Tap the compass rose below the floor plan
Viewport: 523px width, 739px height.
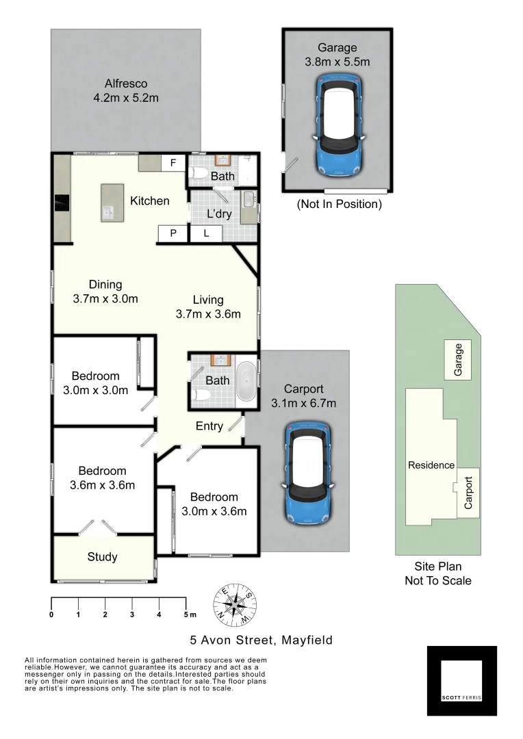pyautogui.click(x=235, y=604)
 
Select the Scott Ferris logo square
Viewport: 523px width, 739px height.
pyautogui.click(x=462, y=680)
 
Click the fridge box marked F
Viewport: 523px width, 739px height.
pyautogui.click(x=173, y=164)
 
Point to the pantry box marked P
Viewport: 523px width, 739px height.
pyautogui.click(x=173, y=234)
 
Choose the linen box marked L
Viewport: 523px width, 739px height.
pyautogui.click(x=205, y=234)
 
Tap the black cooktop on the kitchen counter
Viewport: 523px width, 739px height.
pyautogui.click(x=62, y=204)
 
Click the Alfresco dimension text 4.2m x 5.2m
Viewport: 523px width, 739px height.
pyautogui.click(x=126, y=98)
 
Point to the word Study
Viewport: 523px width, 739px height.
pyautogui.click(x=102, y=557)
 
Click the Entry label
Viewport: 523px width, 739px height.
pyautogui.click(x=209, y=426)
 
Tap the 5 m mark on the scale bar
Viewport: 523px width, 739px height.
pyautogui.click(x=186, y=603)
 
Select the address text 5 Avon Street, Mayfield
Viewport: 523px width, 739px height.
pyautogui.click(x=261, y=640)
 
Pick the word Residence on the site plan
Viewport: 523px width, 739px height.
pyautogui.click(x=431, y=465)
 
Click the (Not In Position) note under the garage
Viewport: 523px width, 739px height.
pyautogui.click(x=339, y=204)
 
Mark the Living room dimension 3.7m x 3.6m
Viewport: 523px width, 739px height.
pyautogui.click(x=208, y=314)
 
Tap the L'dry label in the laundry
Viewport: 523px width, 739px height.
pyautogui.click(x=219, y=213)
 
